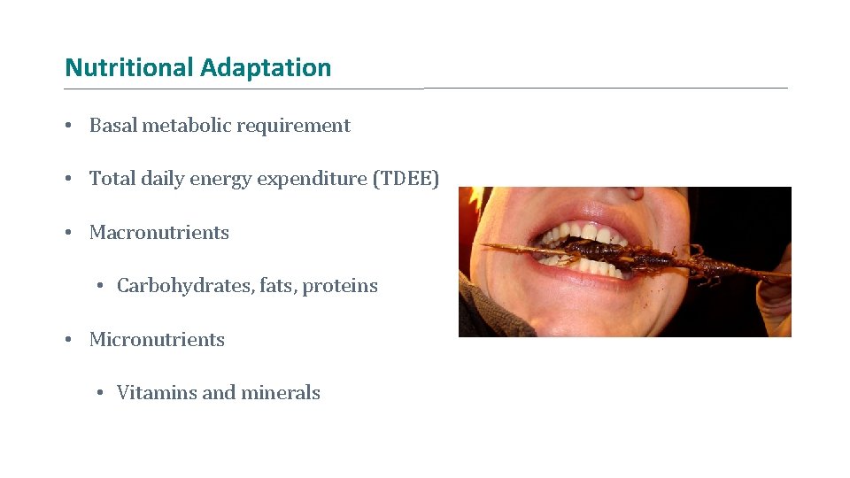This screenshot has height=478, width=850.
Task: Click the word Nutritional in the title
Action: click(129, 68)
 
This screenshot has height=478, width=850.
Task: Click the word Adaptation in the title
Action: click(266, 68)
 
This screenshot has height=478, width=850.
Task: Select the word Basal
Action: click(113, 126)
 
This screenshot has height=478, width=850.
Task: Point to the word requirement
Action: click(294, 127)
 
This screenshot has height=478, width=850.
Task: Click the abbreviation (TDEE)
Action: click(406, 179)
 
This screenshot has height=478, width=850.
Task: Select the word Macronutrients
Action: click(159, 233)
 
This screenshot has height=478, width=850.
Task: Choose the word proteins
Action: click(340, 287)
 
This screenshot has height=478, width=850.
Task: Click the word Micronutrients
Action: click(157, 340)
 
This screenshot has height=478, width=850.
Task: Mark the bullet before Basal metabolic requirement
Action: click(68, 126)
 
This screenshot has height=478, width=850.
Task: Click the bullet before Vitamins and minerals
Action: click(102, 393)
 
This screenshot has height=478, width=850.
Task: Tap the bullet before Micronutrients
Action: click(68, 340)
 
